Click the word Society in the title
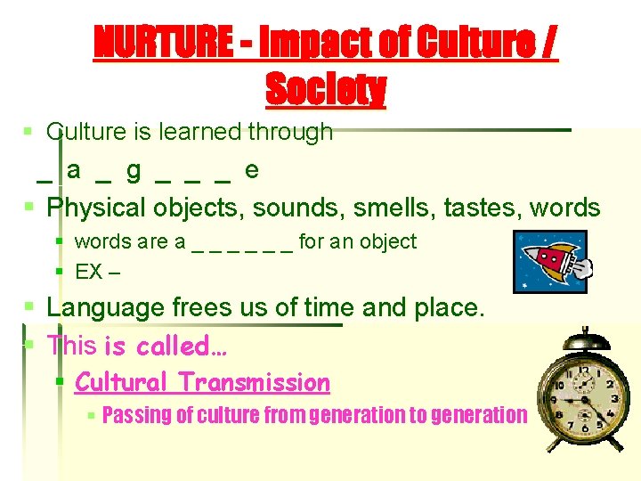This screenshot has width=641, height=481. pos(326,89)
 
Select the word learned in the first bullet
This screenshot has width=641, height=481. pos(200,132)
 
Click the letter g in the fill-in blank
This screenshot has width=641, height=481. pos(134,168)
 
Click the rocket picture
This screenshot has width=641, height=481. pos(550,260)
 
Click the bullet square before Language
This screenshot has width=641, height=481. pos(28,308)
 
